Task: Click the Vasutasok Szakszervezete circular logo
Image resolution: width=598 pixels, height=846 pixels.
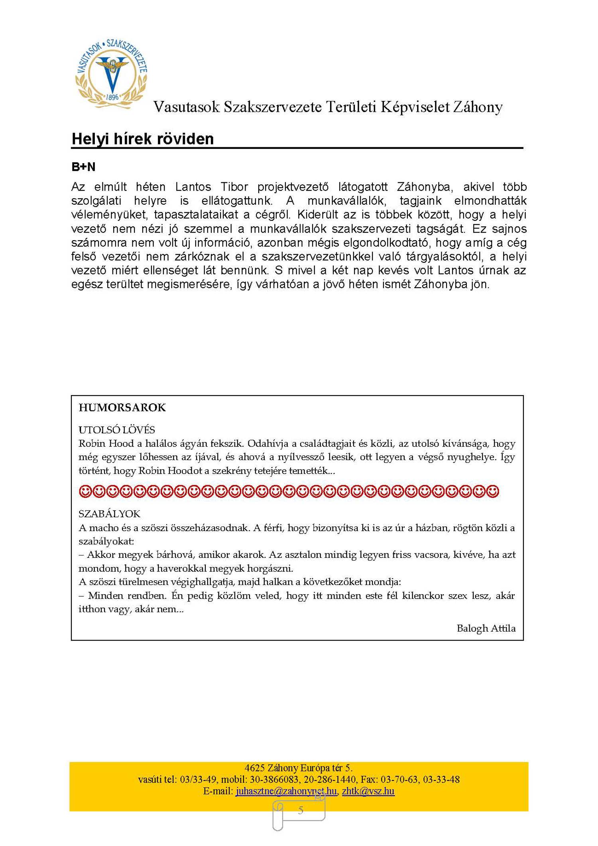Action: click(x=112, y=74)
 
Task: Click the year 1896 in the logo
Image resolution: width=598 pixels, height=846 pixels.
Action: click(x=112, y=97)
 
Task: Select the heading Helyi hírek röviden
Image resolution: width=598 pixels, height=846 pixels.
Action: click(x=142, y=139)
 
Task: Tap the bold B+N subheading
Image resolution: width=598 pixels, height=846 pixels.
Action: click(x=83, y=167)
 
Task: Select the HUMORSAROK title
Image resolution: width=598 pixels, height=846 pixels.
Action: click(x=122, y=407)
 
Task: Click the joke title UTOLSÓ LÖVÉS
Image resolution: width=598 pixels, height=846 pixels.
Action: click(x=116, y=430)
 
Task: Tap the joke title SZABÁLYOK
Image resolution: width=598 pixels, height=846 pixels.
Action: click(x=109, y=514)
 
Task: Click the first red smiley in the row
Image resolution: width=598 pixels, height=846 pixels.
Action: click(x=85, y=491)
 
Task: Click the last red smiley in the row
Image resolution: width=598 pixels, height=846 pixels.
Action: click(x=493, y=491)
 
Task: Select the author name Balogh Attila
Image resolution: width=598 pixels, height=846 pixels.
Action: click(x=486, y=628)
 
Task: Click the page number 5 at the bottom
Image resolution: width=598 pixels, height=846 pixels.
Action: click(x=301, y=810)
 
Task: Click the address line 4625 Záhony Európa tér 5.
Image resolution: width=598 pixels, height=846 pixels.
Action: click(x=298, y=768)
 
